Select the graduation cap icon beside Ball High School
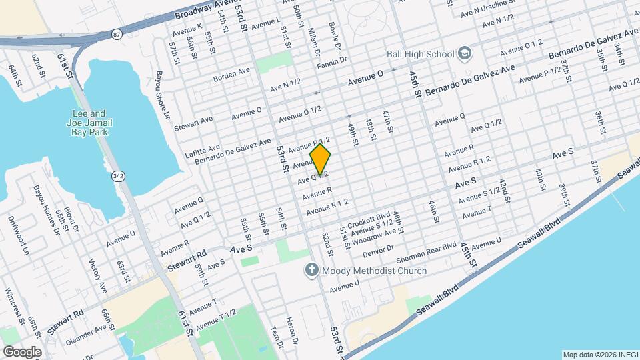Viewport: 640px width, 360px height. coord(464,54)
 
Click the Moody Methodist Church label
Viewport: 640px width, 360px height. coord(374,271)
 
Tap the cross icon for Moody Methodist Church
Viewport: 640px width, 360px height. coord(311,270)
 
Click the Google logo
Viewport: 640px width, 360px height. coord(21,351)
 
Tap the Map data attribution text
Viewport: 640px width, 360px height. coord(599,354)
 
